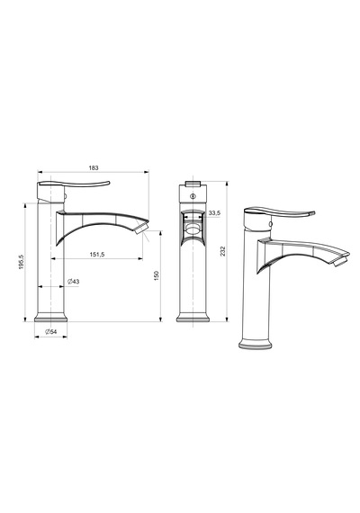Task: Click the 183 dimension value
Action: [94, 167]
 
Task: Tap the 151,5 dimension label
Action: [96, 254]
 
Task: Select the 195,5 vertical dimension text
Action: [22, 262]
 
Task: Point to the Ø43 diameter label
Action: [74, 282]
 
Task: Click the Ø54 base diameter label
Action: [51, 331]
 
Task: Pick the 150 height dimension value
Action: [156, 275]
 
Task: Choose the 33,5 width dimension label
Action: [214, 213]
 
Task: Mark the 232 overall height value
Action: [223, 251]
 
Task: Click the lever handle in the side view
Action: [74, 184]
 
